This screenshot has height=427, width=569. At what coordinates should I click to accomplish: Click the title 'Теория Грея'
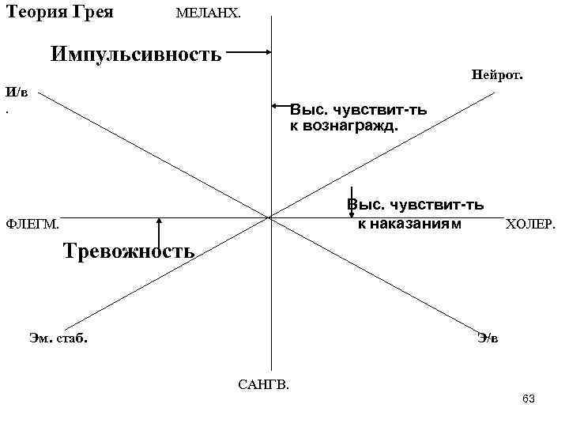pyautogui.click(x=59, y=13)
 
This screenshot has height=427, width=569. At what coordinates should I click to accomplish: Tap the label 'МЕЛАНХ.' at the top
pyautogui.click(x=209, y=14)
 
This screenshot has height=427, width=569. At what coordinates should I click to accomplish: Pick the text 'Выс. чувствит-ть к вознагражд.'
pyautogui.click(x=358, y=118)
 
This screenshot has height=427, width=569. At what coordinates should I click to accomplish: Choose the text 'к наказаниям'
pyautogui.click(x=408, y=224)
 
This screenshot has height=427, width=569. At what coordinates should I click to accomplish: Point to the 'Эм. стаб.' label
pyautogui.click(x=58, y=338)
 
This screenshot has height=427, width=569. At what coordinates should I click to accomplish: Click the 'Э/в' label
pyautogui.click(x=488, y=338)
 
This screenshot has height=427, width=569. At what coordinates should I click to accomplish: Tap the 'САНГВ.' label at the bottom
pyautogui.click(x=263, y=385)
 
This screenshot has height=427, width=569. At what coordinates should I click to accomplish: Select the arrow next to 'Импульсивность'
pyautogui.click(x=251, y=53)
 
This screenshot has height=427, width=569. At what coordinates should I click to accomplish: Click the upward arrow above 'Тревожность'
pyautogui.click(x=160, y=233)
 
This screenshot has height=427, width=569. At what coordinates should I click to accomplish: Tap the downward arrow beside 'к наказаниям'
pyautogui.click(x=351, y=202)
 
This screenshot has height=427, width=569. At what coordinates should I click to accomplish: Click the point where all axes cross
pyautogui.click(x=270, y=217)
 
